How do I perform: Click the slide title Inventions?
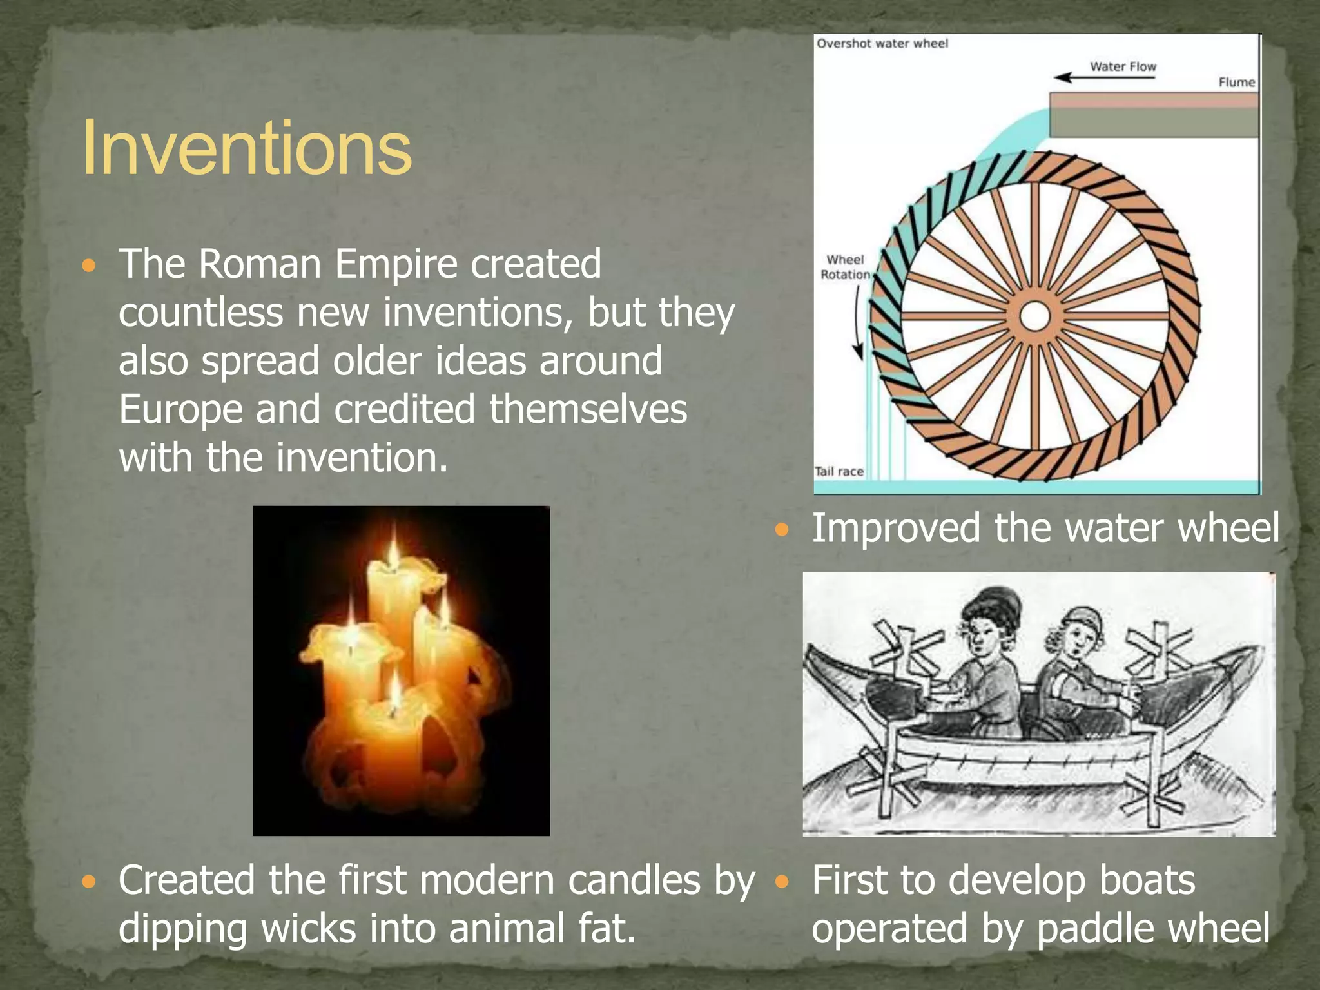tap(247, 148)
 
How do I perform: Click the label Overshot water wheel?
tap(882, 44)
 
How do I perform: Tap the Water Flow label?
tap(1123, 66)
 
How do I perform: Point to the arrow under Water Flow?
tap(1103, 78)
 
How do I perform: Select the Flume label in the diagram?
tap(1236, 82)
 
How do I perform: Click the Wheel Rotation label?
tap(845, 267)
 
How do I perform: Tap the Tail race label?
tap(839, 471)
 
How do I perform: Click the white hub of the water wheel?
tap(1035, 316)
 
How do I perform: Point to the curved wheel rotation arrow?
tap(858, 322)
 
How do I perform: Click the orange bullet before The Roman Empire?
tap(89, 266)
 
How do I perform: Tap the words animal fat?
tap(541, 929)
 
